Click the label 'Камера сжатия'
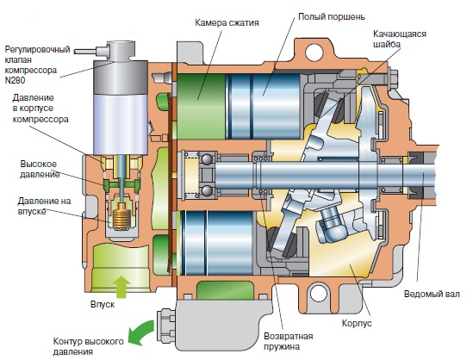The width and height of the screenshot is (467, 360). pyautogui.click(x=227, y=22)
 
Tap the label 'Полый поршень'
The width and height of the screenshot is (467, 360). pyautogui.click(x=332, y=16)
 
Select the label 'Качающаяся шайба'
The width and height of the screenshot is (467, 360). pyautogui.click(x=400, y=39)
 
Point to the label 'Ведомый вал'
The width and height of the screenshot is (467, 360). pyautogui.click(x=432, y=295)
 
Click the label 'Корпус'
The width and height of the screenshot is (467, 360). pyautogui.click(x=357, y=323)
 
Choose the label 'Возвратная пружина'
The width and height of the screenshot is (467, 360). pyautogui.click(x=289, y=341)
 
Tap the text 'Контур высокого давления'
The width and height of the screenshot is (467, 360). pyautogui.click(x=88, y=346)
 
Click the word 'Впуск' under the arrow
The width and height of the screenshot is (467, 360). pyautogui.click(x=103, y=305)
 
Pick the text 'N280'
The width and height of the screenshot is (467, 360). pyautogui.click(x=15, y=80)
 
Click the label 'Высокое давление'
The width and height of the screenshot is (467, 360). pyautogui.click(x=40, y=169)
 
